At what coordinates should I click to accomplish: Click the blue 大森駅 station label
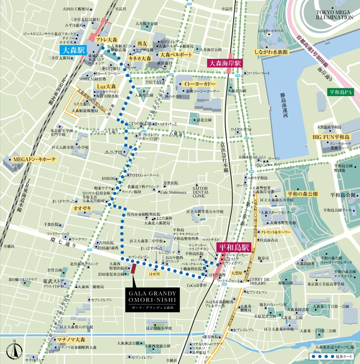pyautogui.click(x=72, y=50)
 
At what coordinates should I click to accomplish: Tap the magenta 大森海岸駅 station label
pyautogui.click(x=225, y=63)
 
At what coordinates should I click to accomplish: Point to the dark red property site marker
pyautogui.click(x=133, y=268)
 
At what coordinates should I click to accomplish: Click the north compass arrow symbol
pyautogui.click(x=14, y=350)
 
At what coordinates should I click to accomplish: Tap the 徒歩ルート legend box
pyautogui.click(x=331, y=355)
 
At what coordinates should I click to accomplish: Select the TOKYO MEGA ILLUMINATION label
pyautogui.click(x=334, y=15)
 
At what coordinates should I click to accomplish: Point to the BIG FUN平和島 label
pyautogui.click(x=331, y=137)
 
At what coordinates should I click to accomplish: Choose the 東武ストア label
pyautogui.click(x=53, y=281)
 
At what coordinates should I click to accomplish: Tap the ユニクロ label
pyautogui.click(x=113, y=152)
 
